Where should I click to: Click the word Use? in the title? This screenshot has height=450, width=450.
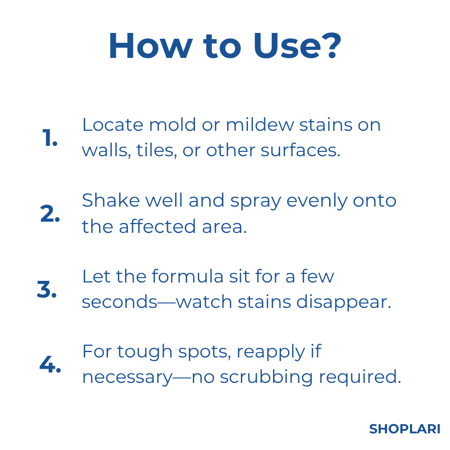tap(297, 46)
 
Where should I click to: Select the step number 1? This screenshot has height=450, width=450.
tap(50, 137)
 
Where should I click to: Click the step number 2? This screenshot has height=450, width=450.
tap(50, 213)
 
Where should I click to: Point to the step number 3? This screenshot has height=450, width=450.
tap(47, 289)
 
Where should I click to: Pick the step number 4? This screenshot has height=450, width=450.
tap(50, 365)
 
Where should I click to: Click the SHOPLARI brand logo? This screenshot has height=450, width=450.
tap(405, 429)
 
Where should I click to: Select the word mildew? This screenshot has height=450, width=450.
tap(260, 125)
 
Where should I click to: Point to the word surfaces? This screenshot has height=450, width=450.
tap(300, 150)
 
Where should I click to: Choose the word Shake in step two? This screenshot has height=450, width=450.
tap(111, 200)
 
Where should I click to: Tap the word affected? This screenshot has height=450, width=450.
tap(157, 226)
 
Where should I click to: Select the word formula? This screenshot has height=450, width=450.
tap(187, 276)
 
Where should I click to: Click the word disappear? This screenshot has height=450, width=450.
tap(344, 302)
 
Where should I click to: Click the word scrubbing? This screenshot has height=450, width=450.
tap(266, 377)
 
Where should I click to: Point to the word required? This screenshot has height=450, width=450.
tap(360, 377)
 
